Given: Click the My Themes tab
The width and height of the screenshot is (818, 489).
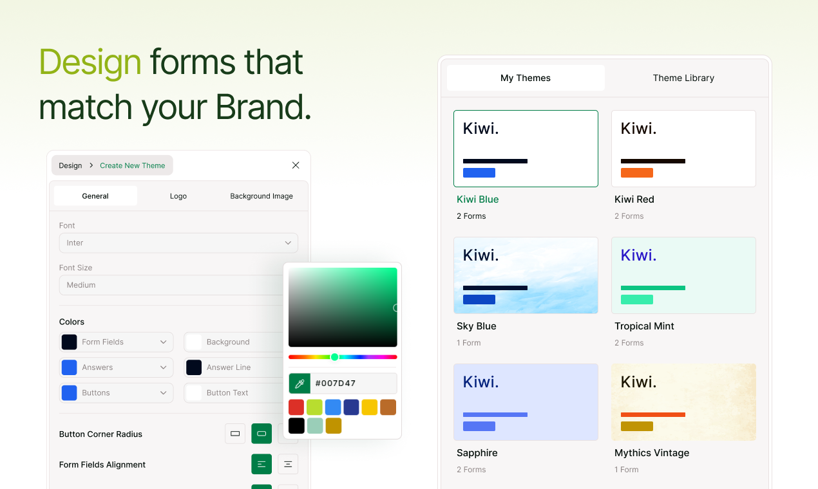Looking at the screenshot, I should tap(526, 78).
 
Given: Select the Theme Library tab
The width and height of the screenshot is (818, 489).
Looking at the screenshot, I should tap(683, 78).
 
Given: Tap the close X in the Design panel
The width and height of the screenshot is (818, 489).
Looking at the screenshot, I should tap(296, 165).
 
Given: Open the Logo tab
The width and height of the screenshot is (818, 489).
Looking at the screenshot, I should tap(178, 196).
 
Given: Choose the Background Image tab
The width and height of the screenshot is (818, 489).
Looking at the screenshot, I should tap(262, 196).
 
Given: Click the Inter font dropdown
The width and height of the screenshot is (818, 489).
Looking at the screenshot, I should tap(178, 243).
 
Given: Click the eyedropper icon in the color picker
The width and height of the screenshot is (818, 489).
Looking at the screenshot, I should tap(300, 383).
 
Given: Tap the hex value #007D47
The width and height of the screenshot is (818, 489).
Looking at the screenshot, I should tap(336, 383).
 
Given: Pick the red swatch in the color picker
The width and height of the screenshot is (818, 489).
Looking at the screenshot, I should tap(296, 407).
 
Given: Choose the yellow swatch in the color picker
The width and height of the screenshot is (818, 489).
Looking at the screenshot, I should tap(369, 407).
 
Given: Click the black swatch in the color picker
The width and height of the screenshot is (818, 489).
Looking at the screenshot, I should tap(296, 425).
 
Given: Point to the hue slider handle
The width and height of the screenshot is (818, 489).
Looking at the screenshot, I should tap(334, 357).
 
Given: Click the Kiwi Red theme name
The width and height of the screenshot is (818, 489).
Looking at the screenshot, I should tap(634, 199).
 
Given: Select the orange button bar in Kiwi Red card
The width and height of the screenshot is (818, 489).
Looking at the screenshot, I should tap(636, 172).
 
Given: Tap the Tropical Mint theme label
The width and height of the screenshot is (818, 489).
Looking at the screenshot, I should tap(644, 326).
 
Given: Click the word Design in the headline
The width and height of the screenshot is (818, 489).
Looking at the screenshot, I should tap(90, 62).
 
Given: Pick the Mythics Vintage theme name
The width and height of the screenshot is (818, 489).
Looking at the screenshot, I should tap(652, 453).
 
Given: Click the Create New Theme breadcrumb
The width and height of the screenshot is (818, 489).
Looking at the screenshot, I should tap(132, 166).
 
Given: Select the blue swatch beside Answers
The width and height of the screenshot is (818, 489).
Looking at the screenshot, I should tap(70, 367).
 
